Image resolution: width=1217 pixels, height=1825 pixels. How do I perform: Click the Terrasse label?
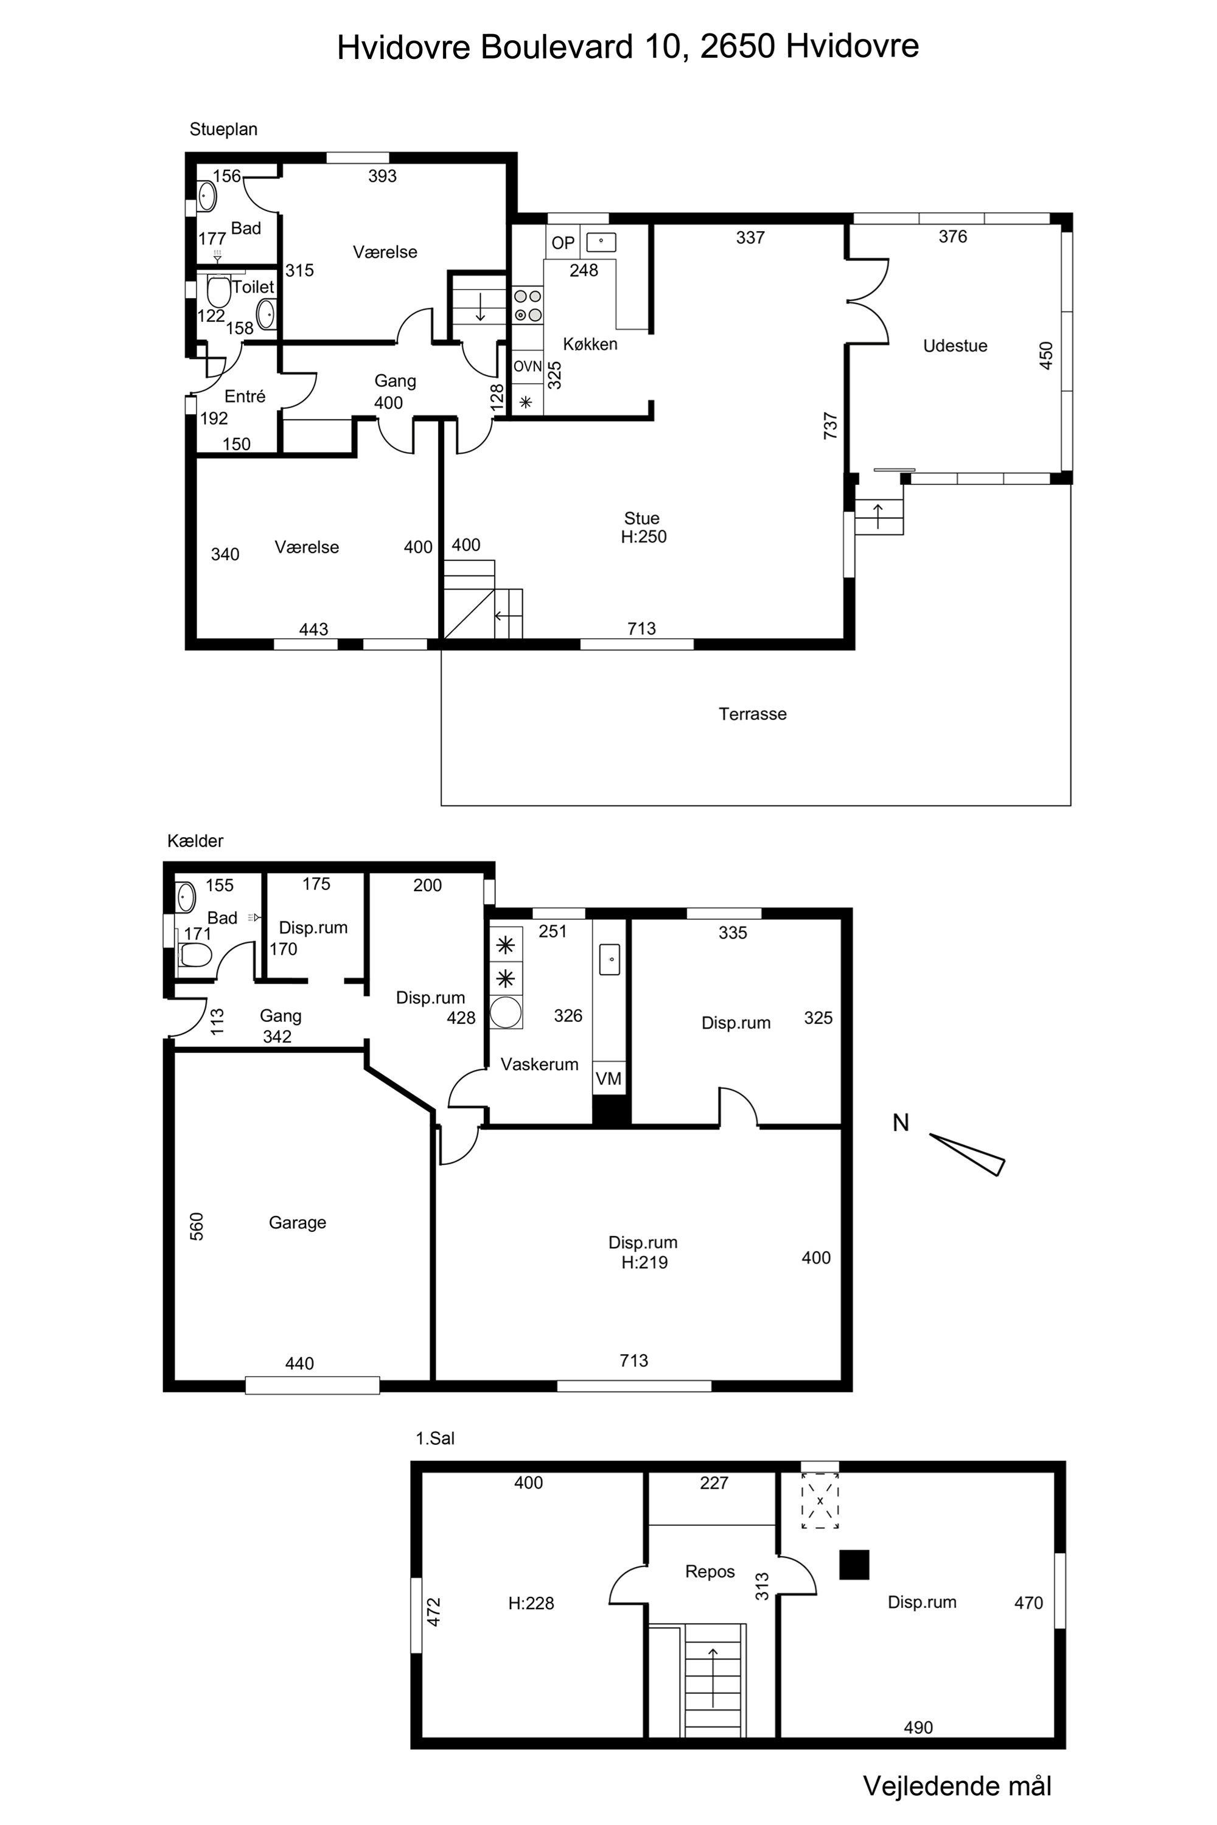point(752,714)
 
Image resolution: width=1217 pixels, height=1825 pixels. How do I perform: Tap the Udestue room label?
point(955,346)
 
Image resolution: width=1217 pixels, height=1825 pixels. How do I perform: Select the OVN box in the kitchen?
point(527,366)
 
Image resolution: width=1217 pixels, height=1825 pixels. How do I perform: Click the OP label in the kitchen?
point(563,243)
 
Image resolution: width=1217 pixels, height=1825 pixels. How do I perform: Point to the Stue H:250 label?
point(643,527)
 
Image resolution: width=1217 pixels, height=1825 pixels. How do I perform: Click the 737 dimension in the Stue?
point(831,426)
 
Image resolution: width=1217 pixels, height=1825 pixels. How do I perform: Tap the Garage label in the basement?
point(298,1223)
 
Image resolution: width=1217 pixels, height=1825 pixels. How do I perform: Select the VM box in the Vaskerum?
point(608,1078)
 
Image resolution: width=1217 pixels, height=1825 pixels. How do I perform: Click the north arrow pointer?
point(968,1155)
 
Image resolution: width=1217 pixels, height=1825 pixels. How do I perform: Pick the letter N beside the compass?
point(901,1123)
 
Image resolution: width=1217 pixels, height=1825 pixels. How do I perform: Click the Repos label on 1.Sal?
point(710,1572)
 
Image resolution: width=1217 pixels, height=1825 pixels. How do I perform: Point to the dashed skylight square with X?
point(820,1501)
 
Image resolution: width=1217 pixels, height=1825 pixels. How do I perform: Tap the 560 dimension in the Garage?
point(197,1227)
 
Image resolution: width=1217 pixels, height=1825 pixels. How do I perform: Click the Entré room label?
point(245,397)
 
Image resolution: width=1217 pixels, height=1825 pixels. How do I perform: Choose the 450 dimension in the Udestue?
point(1046,355)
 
